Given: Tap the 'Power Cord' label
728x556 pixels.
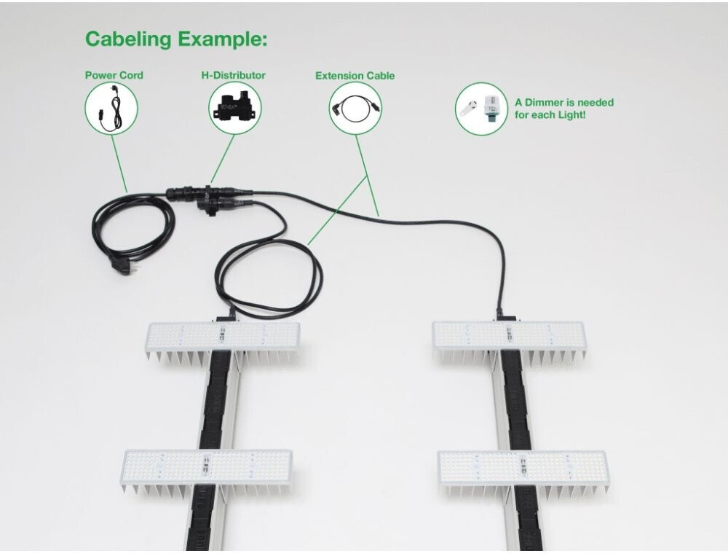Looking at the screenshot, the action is pyautogui.click(x=114, y=75).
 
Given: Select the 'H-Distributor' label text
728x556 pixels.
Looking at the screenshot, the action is pyautogui.click(x=233, y=75).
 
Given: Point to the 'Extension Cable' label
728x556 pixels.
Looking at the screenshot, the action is pyautogui.click(x=355, y=75).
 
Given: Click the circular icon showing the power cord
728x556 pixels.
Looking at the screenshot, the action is pyautogui.click(x=111, y=108).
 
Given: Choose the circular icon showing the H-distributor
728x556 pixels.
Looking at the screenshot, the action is pyautogui.click(x=234, y=108).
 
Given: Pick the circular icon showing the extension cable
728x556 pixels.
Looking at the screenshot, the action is pyautogui.click(x=355, y=108).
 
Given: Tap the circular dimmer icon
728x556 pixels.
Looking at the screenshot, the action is pyautogui.click(x=481, y=108).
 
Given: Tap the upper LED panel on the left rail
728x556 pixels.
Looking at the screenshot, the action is pyautogui.click(x=222, y=336).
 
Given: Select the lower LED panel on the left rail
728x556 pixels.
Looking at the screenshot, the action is pyautogui.click(x=207, y=466).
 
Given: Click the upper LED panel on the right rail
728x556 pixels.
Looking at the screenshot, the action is pyautogui.click(x=508, y=334).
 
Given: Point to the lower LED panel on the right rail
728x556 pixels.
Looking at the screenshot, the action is pyautogui.click(x=523, y=466).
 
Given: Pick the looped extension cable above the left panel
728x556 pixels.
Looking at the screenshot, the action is pyautogui.click(x=269, y=273).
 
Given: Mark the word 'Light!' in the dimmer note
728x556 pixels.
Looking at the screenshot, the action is pyautogui.click(x=570, y=115).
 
